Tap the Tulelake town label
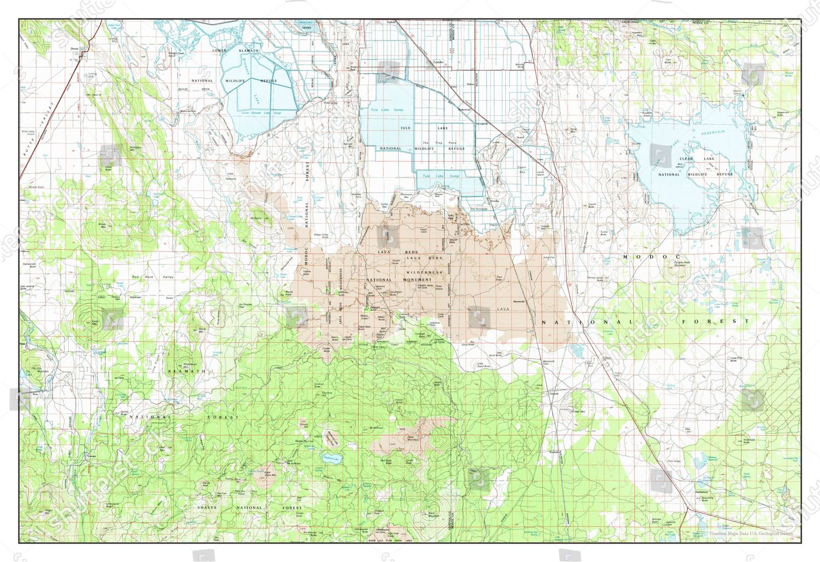pyautogui.click(x=437, y=62)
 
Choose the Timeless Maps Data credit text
pyautogui.click(x=751, y=534)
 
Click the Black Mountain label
pyautogui.click(x=434, y=515)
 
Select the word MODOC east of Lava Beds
pyautogui.click(x=652, y=257)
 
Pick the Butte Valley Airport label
pyautogui.click(x=31, y=133)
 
